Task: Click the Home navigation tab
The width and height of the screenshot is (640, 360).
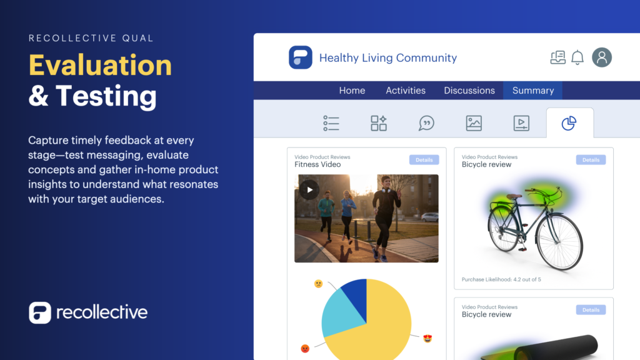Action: tap(352, 90)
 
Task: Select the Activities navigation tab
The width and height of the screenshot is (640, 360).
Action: tap(405, 90)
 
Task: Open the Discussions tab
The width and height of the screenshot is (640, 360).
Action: tap(469, 90)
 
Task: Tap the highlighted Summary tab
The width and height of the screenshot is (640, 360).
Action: tap(532, 90)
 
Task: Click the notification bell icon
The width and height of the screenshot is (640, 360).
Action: tap(577, 57)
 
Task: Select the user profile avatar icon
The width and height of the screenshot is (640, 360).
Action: tap(602, 57)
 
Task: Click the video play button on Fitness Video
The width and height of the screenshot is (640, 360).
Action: tap(309, 190)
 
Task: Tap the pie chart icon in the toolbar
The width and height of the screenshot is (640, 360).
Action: tap(569, 123)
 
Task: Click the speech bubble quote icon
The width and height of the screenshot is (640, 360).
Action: tap(426, 123)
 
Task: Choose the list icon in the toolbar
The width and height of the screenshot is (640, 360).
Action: tap(331, 123)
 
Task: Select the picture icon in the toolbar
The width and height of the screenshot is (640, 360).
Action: tap(474, 123)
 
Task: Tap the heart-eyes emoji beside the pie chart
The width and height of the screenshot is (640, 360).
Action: tap(427, 338)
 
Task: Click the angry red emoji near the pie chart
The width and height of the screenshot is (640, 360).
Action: tap(305, 349)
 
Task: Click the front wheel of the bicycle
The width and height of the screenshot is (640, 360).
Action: tap(559, 242)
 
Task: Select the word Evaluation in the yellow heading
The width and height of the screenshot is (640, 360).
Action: tap(101, 65)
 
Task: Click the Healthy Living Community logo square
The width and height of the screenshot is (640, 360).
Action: tap(301, 57)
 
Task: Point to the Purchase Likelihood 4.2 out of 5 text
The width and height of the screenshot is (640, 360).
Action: tap(501, 279)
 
